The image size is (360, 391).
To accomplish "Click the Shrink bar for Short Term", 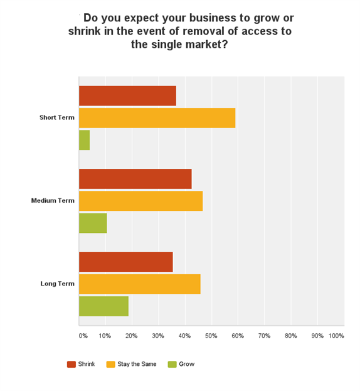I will (127, 96).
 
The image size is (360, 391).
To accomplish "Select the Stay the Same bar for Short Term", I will (157, 118).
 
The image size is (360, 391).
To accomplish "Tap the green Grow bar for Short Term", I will (84, 140).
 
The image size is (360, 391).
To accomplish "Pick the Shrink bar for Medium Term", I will (135, 179).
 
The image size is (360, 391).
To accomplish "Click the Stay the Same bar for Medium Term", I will (140, 201).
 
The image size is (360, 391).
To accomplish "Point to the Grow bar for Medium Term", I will (93, 223).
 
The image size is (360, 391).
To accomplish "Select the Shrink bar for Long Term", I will (125, 262).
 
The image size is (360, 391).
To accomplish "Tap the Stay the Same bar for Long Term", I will (139, 284).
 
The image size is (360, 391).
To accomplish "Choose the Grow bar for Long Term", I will (103, 306).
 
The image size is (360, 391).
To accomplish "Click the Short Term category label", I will (56, 118).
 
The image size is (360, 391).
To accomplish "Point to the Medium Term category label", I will (53, 201).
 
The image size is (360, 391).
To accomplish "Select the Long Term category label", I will (57, 284).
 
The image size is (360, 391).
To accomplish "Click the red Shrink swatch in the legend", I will (71, 364).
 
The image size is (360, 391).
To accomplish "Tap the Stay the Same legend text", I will (135, 364).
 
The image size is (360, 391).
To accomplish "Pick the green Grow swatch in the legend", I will (172, 364).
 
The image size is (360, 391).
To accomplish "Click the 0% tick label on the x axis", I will (83, 336).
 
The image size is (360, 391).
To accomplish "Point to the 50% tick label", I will (211, 336).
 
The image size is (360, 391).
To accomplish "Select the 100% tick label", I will (336, 336).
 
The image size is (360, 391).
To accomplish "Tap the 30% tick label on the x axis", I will (158, 336).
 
